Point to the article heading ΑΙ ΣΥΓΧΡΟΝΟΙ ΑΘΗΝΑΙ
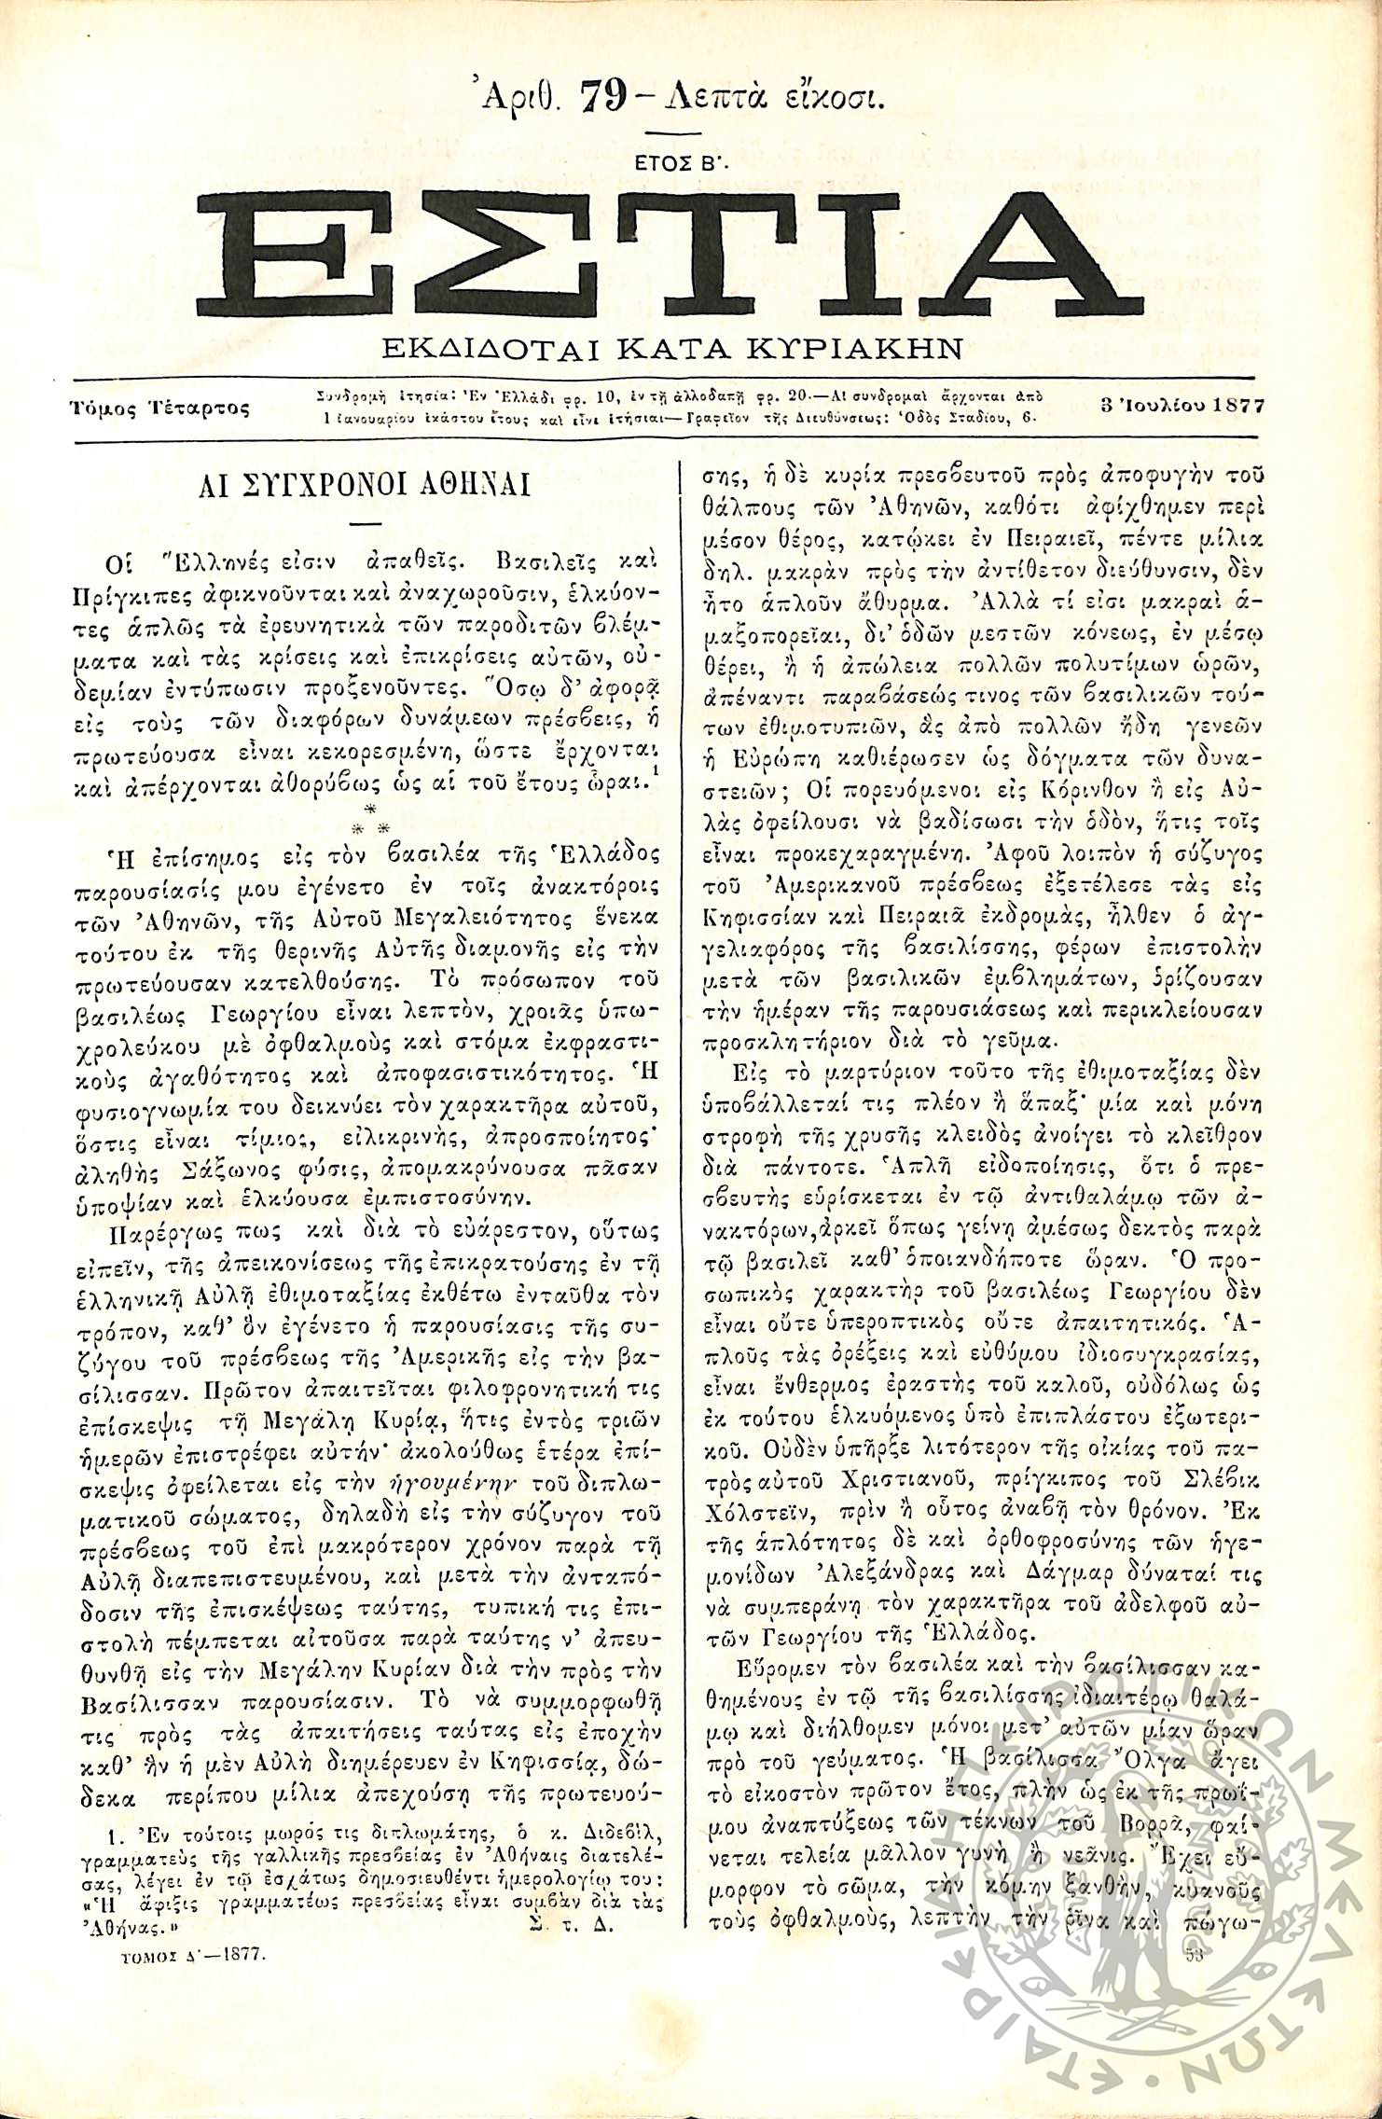[366, 486]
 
